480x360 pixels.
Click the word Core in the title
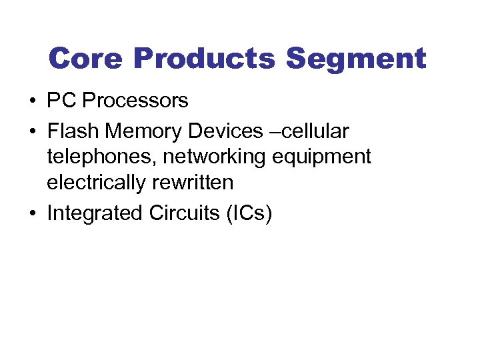(x=87, y=59)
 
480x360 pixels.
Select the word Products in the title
(x=204, y=59)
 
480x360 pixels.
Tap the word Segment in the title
(x=356, y=59)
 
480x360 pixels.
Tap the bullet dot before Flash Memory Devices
(x=33, y=132)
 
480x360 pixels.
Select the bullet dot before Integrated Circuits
(x=33, y=214)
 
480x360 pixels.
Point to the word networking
(x=214, y=157)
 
